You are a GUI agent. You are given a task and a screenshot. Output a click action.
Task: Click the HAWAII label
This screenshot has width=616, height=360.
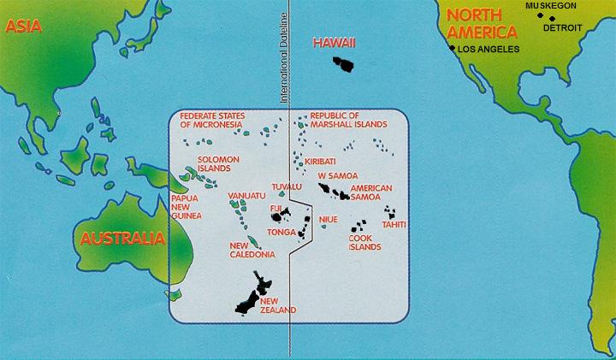click(334, 43)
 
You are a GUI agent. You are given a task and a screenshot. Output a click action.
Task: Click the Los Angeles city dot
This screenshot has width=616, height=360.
click(452, 49)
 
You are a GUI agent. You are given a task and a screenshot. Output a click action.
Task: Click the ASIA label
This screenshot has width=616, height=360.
click(23, 27)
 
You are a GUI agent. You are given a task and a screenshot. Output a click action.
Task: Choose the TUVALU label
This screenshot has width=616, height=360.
click(287, 186)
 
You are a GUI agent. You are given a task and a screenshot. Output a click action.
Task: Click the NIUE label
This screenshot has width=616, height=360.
click(329, 219)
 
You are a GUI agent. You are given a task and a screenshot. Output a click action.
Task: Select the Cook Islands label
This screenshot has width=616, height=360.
click(364, 244)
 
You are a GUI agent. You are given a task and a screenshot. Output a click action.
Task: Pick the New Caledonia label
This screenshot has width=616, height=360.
click(252, 250)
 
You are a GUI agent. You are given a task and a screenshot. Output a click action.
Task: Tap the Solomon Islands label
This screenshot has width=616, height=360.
click(219, 163)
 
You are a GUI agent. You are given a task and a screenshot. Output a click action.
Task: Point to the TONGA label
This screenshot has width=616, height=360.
click(283, 232)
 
